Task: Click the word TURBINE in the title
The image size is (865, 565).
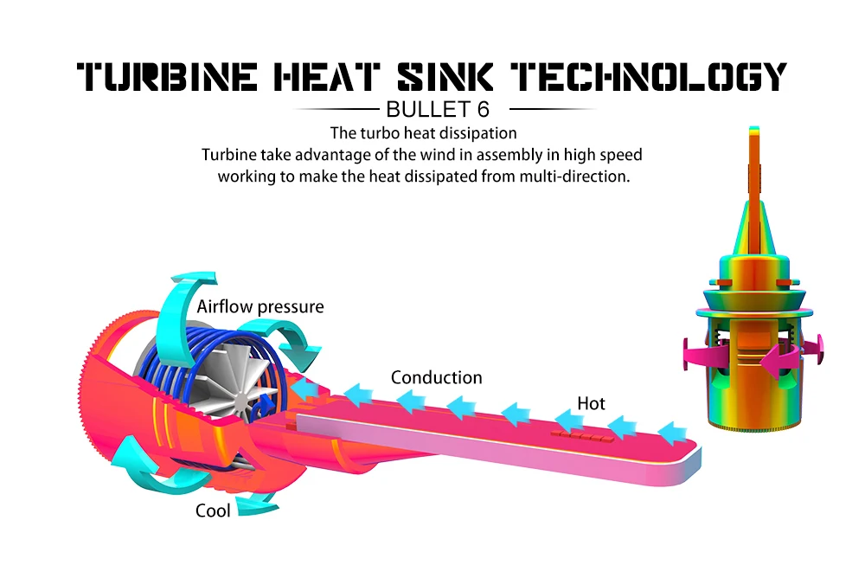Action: click(x=167, y=76)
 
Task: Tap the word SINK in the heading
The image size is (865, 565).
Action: click(x=445, y=76)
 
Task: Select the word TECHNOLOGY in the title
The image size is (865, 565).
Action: click(x=649, y=76)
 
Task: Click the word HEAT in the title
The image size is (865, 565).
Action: click(x=327, y=76)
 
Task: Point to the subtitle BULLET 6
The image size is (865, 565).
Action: click(x=438, y=109)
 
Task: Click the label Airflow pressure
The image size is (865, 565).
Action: click(x=260, y=307)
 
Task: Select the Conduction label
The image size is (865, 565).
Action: click(x=436, y=377)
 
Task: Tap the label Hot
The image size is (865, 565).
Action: click(x=591, y=403)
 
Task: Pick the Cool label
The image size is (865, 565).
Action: click(x=213, y=510)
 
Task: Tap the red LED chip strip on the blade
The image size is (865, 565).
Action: click(x=582, y=436)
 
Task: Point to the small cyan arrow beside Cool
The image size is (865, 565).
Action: click(x=257, y=504)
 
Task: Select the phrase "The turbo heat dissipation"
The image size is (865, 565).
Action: click(x=424, y=133)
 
